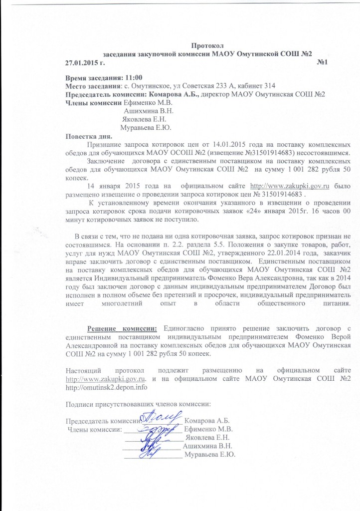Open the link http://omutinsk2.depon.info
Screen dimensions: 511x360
(x=107, y=386)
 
